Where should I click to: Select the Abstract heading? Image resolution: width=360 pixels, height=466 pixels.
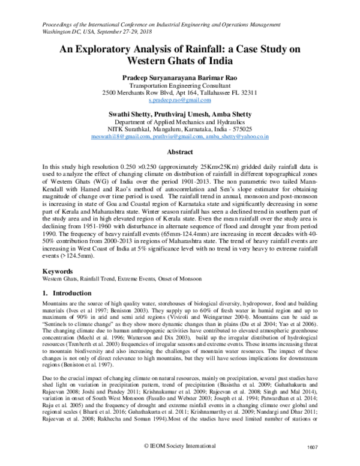pos(179,153)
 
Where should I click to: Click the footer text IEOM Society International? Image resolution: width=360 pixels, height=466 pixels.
pos(182,455)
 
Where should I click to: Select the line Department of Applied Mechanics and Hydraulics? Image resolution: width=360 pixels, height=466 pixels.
pos(179,122)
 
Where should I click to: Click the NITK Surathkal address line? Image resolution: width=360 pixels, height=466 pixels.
pos(179,129)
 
